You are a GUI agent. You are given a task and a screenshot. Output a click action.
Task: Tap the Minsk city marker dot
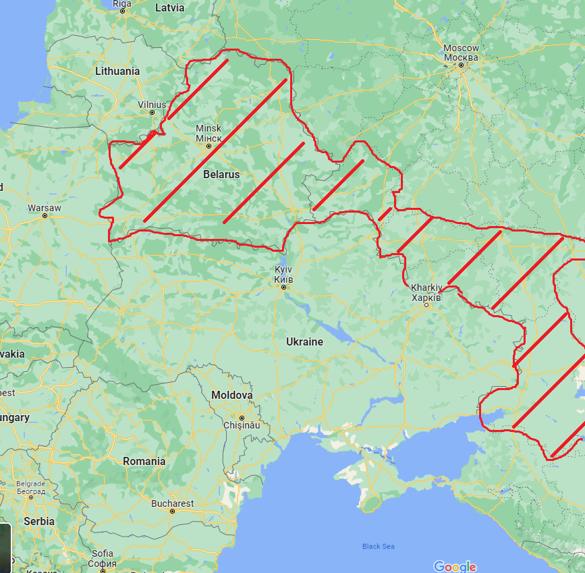click(208, 146)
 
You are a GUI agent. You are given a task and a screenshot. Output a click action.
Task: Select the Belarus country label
click(221, 174)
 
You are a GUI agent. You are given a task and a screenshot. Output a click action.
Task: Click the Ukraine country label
click(304, 342)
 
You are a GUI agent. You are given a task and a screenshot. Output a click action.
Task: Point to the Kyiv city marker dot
click(283, 287)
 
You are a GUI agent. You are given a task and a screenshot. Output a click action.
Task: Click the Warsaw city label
click(44, 207)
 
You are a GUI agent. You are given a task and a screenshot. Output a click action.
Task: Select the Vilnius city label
click(151, 105)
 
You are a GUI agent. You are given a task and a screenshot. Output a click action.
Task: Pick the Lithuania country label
click(117, 71)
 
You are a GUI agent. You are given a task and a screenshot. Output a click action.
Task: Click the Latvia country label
click(169, 8)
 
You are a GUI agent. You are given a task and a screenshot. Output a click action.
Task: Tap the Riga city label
click(122, 4)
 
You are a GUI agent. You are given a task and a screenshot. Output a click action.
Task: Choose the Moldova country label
click(232, 395)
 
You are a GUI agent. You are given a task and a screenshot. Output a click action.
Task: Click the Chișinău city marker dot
click(241, 418)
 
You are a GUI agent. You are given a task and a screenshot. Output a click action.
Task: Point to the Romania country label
click(144, 461)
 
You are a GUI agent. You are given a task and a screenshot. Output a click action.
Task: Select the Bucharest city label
click(172, 503)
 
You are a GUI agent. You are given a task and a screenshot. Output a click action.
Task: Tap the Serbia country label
click(38, 521)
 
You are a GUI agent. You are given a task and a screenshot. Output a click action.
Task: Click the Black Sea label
click(378, 546)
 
